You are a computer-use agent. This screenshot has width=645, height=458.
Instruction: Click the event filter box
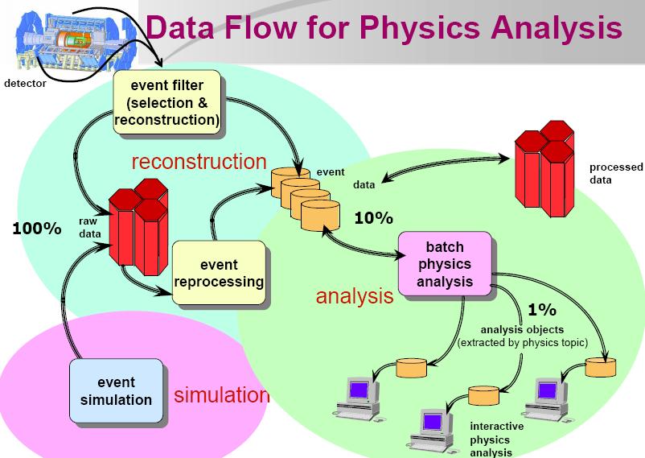[x=167, y=102]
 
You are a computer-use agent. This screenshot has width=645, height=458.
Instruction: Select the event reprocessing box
[x=219, y=273]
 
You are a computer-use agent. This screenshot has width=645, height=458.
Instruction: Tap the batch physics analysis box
[x=445, y=263]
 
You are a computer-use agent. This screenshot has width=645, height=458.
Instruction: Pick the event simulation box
[x=117, y=391]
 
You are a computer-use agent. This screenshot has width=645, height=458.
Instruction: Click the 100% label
[x=37, y=229]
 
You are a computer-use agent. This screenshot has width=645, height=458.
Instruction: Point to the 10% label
[x=373, y=218]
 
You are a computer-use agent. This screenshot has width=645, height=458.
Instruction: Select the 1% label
[x=542, y=310]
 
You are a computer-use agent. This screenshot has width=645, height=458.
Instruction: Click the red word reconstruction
[x=199, y=162]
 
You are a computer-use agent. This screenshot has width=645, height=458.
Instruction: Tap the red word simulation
[x=222, y=395]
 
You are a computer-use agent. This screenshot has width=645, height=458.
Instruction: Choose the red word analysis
[x=355, y=295]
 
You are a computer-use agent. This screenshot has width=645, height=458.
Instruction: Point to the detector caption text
[x=25, y=83]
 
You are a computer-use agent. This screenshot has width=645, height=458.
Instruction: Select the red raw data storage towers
[x=138, y=227]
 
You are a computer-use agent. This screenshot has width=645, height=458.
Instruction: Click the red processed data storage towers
[x=544, y=169]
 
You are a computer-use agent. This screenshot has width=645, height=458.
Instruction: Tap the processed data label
[x=616, y=173]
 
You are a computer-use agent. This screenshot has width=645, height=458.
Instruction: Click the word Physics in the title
[x=420, y=27]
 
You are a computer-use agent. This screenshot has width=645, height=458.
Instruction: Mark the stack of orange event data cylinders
[x=306, y=200]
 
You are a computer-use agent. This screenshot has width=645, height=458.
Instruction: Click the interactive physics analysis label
[x=497, y=439]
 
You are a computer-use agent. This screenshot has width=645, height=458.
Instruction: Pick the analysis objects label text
[x=523, y=336]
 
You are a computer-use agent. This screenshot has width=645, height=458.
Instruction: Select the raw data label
[x=90, y=227]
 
